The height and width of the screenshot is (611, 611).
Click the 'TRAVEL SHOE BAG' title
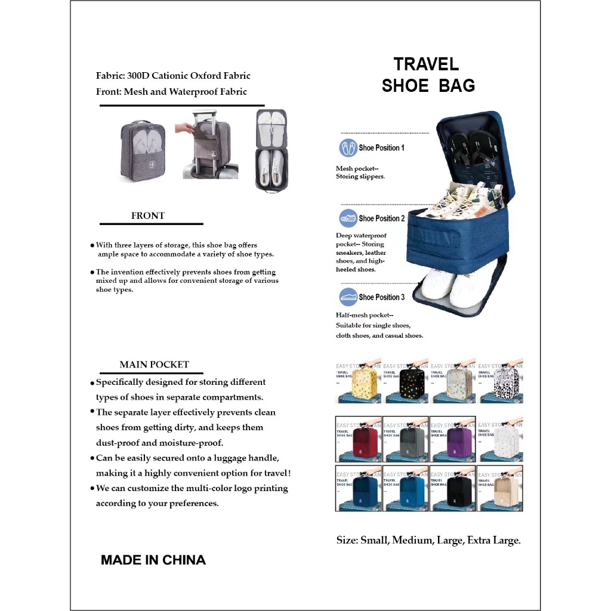click(428, 75)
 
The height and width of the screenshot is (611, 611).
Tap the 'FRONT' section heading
click(148, 216)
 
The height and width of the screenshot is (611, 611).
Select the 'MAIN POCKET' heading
click(154, 365)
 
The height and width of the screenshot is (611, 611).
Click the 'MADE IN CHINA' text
click(153, 560)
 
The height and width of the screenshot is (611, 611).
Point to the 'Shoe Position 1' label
click(381, 147)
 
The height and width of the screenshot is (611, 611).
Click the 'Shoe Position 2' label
click(381, 218)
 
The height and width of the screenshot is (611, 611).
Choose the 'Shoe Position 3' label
click(381, 297)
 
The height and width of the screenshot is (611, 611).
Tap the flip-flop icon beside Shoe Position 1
click(348, 148)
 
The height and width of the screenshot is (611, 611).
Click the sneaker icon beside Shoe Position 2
click(348, 218)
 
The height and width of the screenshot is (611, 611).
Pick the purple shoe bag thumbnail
click(452, 440)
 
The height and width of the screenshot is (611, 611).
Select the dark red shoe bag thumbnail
click(359, 440)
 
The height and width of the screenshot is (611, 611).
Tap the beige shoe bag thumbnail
click(500, 489)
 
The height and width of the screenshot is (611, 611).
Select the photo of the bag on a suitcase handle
click(206, 145)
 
